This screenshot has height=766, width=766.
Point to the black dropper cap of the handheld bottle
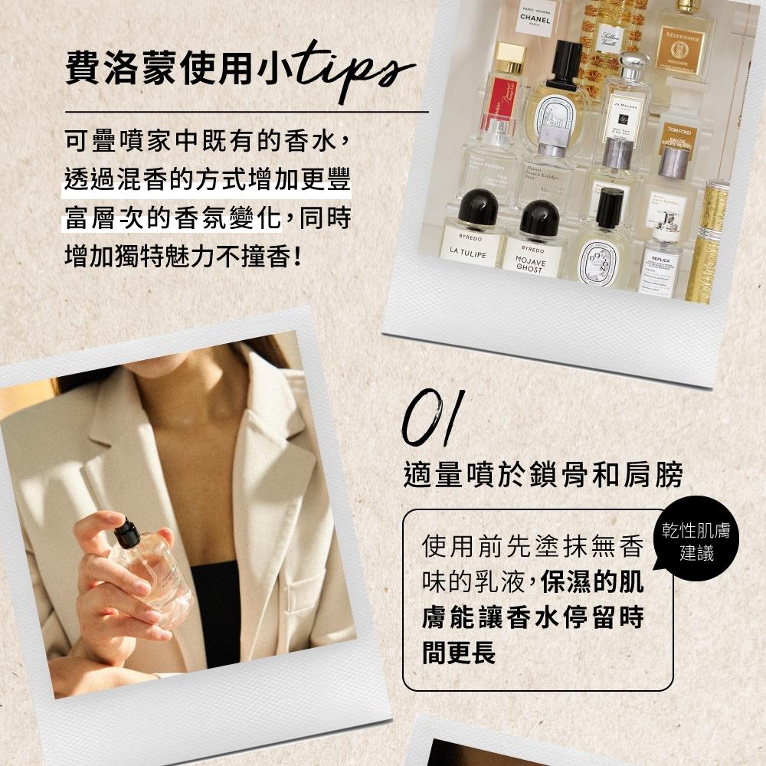point(126,533)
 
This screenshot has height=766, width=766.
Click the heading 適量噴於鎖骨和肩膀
point(542,475)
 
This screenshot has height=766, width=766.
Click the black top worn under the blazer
point(214,613)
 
